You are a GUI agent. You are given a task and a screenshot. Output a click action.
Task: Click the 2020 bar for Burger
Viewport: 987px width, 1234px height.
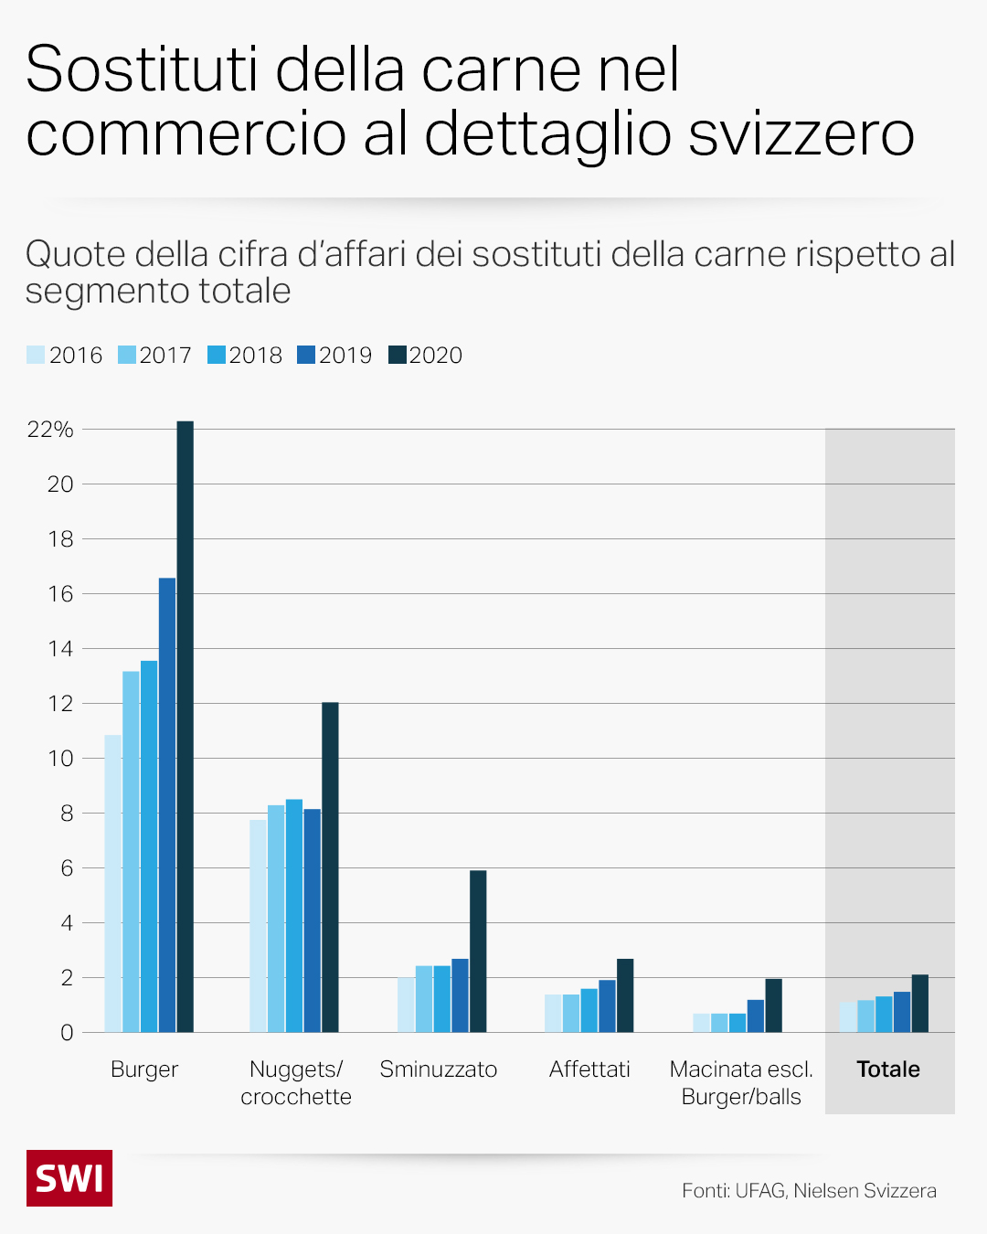[x=185, y=727]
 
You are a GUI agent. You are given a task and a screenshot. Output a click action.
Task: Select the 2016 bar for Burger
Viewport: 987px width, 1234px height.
[x=112, y=883]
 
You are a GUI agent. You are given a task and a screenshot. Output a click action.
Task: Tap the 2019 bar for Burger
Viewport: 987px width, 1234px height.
[x=167, y=804]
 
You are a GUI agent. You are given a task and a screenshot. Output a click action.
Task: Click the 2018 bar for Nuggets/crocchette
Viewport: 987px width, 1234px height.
[x=294, y=916]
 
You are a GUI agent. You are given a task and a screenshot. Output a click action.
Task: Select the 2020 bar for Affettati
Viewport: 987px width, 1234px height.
[x=625, y=995]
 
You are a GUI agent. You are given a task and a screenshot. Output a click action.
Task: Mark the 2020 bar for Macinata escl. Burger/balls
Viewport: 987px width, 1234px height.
[x=773, y=1005]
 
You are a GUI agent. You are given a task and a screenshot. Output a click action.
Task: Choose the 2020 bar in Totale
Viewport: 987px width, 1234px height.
[x=920, y=1004]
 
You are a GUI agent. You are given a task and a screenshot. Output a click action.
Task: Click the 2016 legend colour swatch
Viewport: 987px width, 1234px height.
[x=36, y=355]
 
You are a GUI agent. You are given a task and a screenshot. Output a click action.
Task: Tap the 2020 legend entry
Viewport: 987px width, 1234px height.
[x=425, y=355]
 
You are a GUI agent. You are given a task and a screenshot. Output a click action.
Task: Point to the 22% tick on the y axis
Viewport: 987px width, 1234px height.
[x=50, y=430]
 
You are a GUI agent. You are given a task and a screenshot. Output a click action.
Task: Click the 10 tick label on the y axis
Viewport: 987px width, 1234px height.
[x=60, y=759]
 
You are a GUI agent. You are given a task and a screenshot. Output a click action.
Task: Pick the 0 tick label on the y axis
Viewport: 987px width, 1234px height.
[x=66, y=1033]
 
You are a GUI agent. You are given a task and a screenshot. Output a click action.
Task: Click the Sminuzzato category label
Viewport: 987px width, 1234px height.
[x=438, y=1069]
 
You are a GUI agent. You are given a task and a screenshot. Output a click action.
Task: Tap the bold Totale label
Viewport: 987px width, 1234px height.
[x=888, y=1069]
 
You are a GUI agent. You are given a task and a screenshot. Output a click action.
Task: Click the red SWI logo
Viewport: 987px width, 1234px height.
[x=69, y=1178]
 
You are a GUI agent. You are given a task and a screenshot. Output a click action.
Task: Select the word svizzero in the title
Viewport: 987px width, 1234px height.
[x=801, y=133]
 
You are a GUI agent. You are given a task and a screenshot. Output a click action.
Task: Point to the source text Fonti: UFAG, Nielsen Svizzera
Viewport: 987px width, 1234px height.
[x=809, y=1190]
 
